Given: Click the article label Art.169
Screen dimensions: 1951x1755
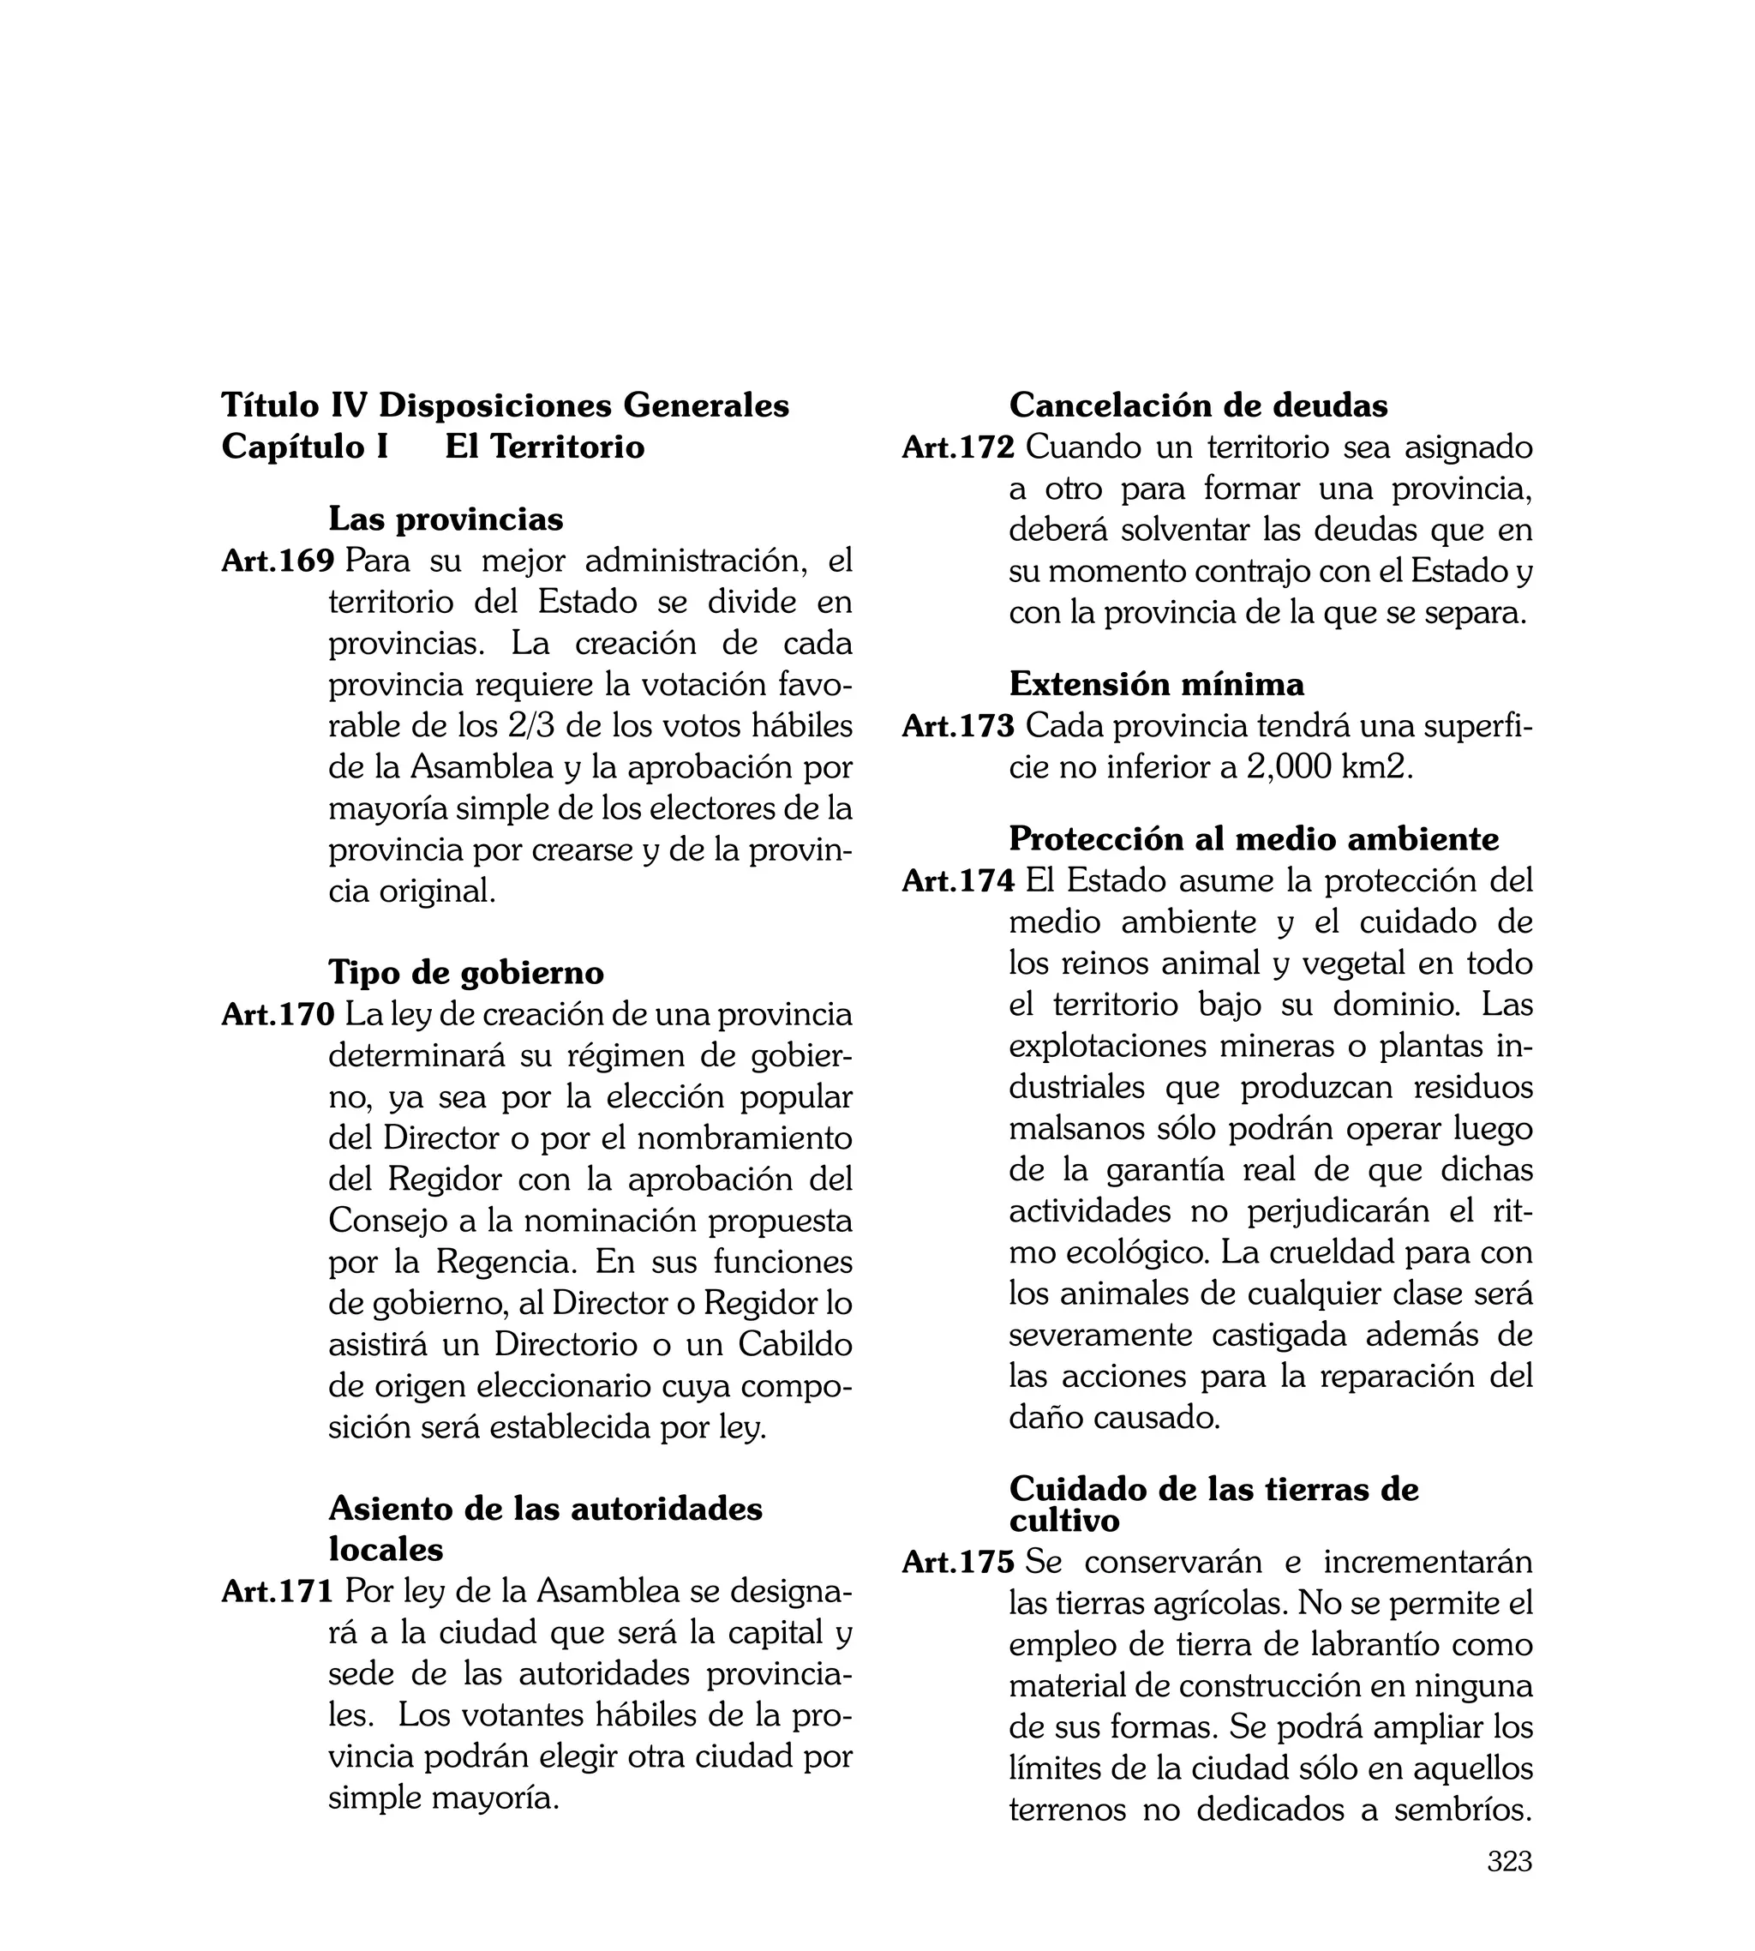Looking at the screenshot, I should pyautogui.click(x=278, y=561).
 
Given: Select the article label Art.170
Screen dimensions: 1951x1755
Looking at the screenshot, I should pyautogui.click(x=278, y=1015).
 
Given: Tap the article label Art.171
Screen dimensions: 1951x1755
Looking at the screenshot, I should pyautogui.click(x=278, y=1591).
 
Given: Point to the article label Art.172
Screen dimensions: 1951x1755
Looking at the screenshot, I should pyautogui.click(x=959, y=447).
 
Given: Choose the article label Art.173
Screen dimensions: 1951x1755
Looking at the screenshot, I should pyautogui.click(x=959, y=726).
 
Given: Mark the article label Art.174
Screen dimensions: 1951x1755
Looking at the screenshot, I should pyautogui.click(x=959, y=880).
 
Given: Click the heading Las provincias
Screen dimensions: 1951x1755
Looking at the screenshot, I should pyautogui.click(x=446, y=519).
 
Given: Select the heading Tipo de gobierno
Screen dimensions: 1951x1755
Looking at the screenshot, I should pyautogui.click(x=466, y=972).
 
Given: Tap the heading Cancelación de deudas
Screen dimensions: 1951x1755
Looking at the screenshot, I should pyautogui.click(x=1198, y=405).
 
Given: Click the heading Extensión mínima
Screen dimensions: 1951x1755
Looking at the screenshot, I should pyautogui.click(x=1156, y=684).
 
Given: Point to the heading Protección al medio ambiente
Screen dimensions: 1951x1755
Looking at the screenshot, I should pyautogui.click(x=1254, y=839).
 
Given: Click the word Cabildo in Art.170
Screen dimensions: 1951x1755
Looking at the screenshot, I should pyautogui.click(x=795, y=1344).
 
